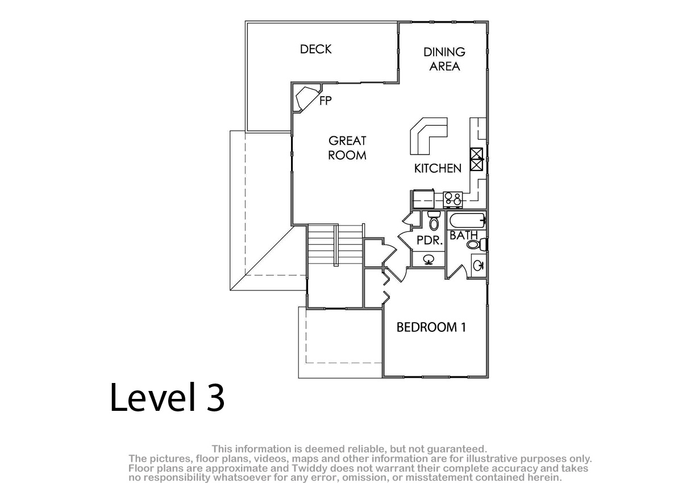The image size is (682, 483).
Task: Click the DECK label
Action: (316, 49)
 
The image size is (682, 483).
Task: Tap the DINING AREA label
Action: (444, 59)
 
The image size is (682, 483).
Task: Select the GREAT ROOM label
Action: (347, 148)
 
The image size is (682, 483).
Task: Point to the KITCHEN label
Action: (438, 168)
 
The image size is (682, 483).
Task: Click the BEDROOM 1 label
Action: (431, 327)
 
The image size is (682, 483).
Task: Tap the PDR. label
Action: (429, 240)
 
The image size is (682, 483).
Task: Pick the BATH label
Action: (463, 235)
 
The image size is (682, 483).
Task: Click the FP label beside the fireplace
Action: (326, 101)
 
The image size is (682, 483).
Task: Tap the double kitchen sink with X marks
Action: (476, 159)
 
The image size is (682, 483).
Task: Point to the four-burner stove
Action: (453, 199)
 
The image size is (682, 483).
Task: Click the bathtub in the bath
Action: (467, 220)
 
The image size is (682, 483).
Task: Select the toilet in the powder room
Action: (434, 220)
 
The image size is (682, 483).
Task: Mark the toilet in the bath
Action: (477, 244)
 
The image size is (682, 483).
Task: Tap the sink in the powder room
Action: (429, 260)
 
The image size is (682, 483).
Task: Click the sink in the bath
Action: (479, 265)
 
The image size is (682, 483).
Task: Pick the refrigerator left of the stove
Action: (423, 199)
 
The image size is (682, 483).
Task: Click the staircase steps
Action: (335, 245)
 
